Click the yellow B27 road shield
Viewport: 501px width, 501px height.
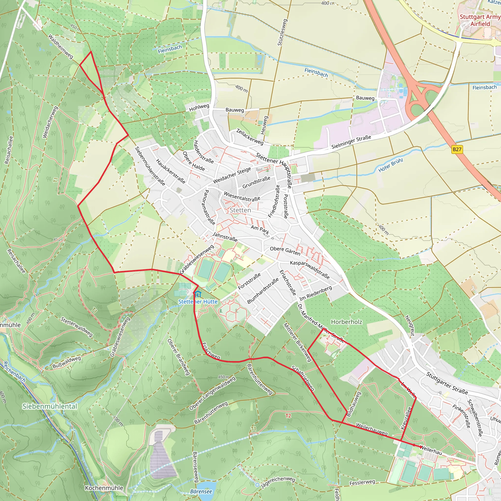point(457,149)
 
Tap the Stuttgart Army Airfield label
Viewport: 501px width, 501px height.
point(480,20)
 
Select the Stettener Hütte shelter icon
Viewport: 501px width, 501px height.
point(198,294)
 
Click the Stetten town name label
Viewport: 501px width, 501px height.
point(240,210)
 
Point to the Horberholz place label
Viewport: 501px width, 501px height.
point(346,322)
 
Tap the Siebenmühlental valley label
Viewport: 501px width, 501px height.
point(50,406)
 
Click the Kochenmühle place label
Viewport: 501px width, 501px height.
point(104,488)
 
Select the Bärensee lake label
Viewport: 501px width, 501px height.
point(201,491)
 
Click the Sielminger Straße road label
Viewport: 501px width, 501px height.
point(351,142)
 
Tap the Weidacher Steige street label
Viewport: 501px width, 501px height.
point(232,175)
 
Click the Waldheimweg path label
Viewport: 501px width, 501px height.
point(61,46)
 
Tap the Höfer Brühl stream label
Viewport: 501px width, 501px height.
point(390,165)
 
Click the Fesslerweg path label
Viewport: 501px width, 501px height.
point(362,483)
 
